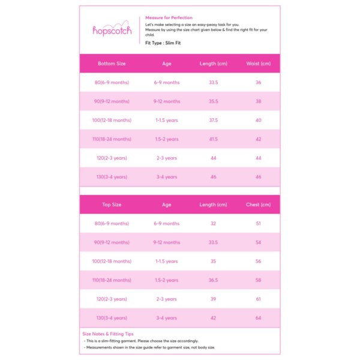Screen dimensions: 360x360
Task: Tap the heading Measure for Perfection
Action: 169,18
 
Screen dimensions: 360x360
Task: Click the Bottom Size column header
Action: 112,64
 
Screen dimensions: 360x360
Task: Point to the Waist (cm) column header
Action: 259,64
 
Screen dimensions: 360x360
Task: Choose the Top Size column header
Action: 112,205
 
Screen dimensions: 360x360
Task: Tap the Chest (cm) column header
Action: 259,205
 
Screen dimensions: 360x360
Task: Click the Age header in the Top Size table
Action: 167,205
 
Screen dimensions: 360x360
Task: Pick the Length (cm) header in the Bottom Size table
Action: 213,64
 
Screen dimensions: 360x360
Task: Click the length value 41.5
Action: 213,139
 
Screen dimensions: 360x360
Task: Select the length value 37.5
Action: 213,120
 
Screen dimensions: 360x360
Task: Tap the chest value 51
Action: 259,223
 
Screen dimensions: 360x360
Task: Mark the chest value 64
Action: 259,318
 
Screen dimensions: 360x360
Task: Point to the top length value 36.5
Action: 213,280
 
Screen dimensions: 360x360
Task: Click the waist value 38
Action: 259,101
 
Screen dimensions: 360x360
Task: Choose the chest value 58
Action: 259,280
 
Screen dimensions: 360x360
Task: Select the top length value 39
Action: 213,299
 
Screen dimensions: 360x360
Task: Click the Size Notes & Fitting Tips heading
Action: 108,334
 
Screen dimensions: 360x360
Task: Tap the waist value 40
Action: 259,120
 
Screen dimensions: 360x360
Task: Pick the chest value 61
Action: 259,299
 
